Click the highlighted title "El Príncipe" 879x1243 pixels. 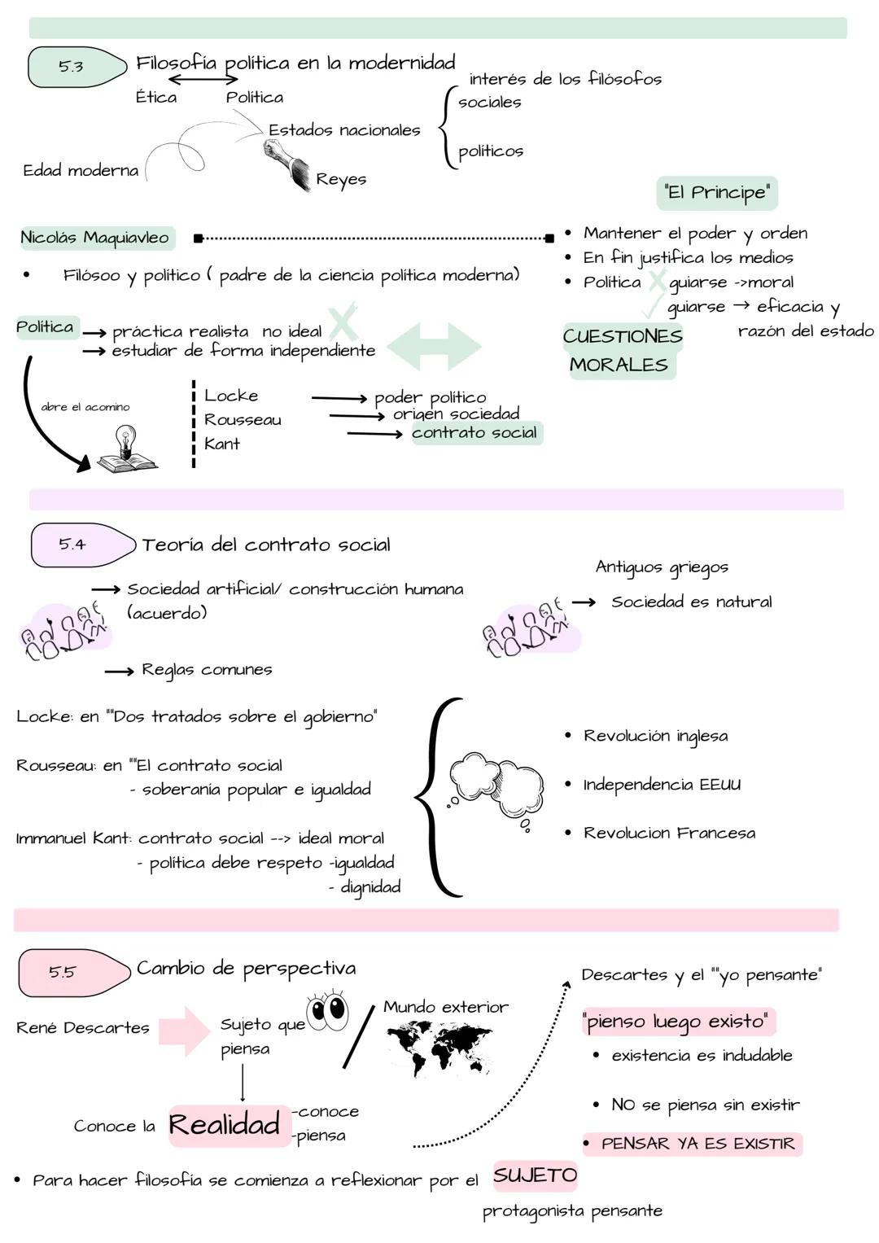click(x=717, y=193)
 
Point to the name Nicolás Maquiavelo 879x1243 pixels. click(x=95, y=238)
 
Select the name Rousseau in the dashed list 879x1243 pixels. click(x=243, y=419)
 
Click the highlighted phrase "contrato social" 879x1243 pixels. click(x=474, y=432)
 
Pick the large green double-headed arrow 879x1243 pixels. click(x=434, y=346)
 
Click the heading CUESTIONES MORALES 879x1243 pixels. click(x=622, y=350)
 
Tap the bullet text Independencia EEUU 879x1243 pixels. click(x=662, y=785)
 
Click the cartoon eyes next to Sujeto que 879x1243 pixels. click(x=327, y=1010)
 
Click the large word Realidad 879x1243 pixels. click(x=225, y=1125)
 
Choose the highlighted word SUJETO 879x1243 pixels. click(x=535, y=1175)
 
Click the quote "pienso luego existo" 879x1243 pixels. click(x=677, y=1022)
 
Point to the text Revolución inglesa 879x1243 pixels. click(x=655, y=736)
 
